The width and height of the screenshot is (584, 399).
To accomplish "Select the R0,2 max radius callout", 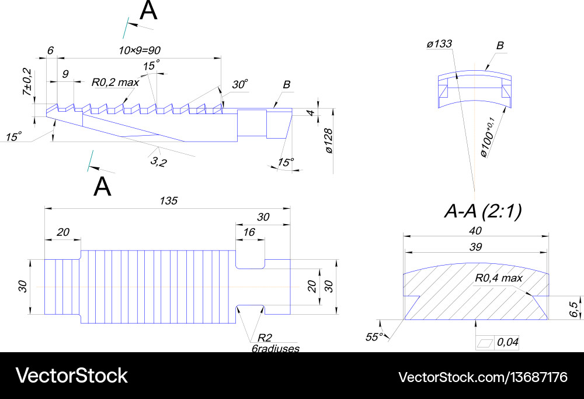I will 115,82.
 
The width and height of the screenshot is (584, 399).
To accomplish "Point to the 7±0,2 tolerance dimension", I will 27,84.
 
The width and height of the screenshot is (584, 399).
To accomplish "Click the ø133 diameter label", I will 439,43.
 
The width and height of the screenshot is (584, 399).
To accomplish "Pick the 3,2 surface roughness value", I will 159,161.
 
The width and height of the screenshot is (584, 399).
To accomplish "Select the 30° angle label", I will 240,84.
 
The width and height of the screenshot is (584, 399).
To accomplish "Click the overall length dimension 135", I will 169,201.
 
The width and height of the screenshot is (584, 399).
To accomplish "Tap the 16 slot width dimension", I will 249,232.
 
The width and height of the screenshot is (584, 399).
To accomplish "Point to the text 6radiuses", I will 272,348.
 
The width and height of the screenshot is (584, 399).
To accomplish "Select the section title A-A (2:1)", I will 482,211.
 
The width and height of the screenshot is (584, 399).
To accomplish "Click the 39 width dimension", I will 476,247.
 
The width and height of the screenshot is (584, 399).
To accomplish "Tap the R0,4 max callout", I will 498,278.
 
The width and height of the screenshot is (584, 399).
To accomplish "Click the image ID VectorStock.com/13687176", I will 482,376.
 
